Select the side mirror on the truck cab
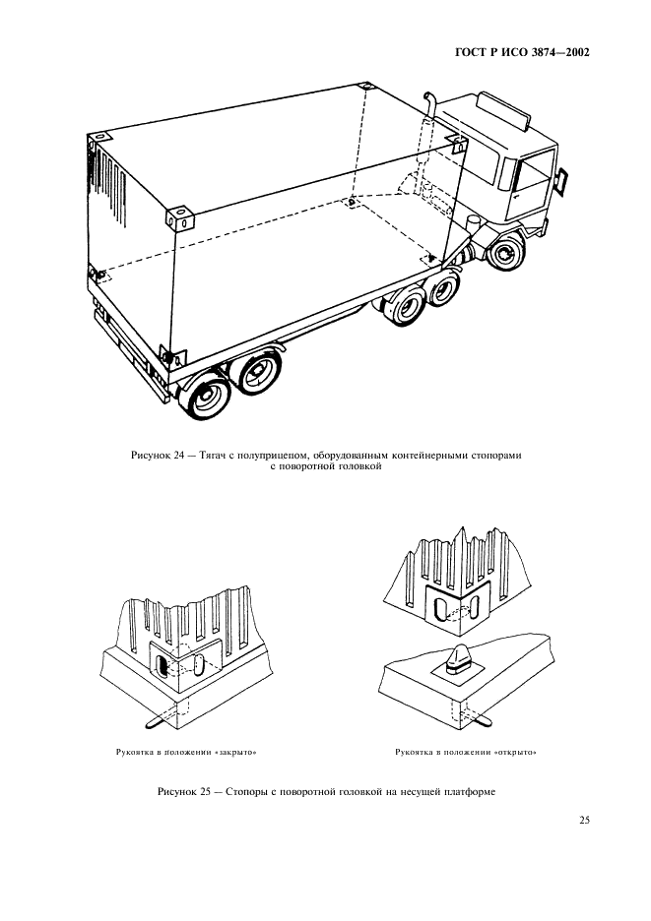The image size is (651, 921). coord(564,180)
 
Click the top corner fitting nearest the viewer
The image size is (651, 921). coord(176,217)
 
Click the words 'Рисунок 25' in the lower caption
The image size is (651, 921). coord(183,793)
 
